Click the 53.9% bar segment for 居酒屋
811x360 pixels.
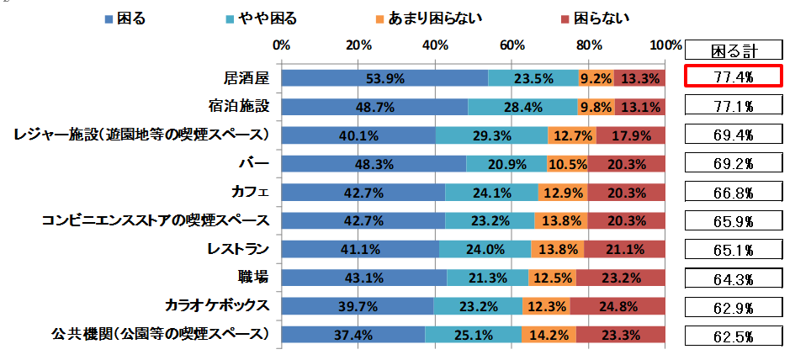(384, 78)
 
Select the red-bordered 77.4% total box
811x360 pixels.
(733, 77)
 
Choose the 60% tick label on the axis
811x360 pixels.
(512, 44)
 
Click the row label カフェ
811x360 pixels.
(250, 192)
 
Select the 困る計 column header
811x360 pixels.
(733, 49)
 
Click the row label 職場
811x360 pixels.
(252, 277)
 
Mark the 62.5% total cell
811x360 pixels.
(733, 336)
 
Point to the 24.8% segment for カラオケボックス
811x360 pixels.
(618, 306)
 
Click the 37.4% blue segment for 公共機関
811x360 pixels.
(353, 335)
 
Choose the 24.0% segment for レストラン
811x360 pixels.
(485, 250)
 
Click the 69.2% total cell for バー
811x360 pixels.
(733, 164)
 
